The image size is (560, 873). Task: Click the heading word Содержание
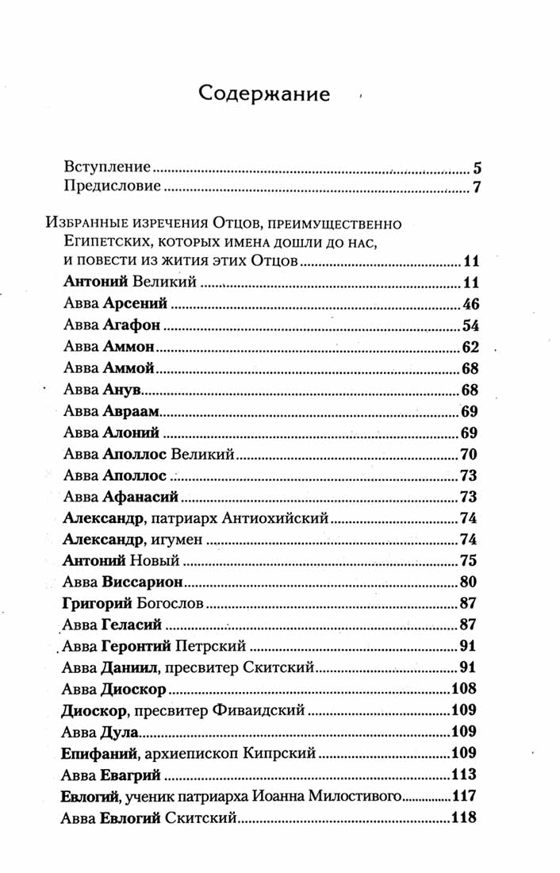(264, 94)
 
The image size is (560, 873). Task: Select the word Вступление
(107, 168)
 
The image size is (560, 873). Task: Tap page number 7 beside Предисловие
(478, 188)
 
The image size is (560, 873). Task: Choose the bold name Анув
(121, 390)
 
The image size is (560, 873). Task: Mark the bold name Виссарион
(143, 582)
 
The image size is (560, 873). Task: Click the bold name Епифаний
(94, 752)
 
